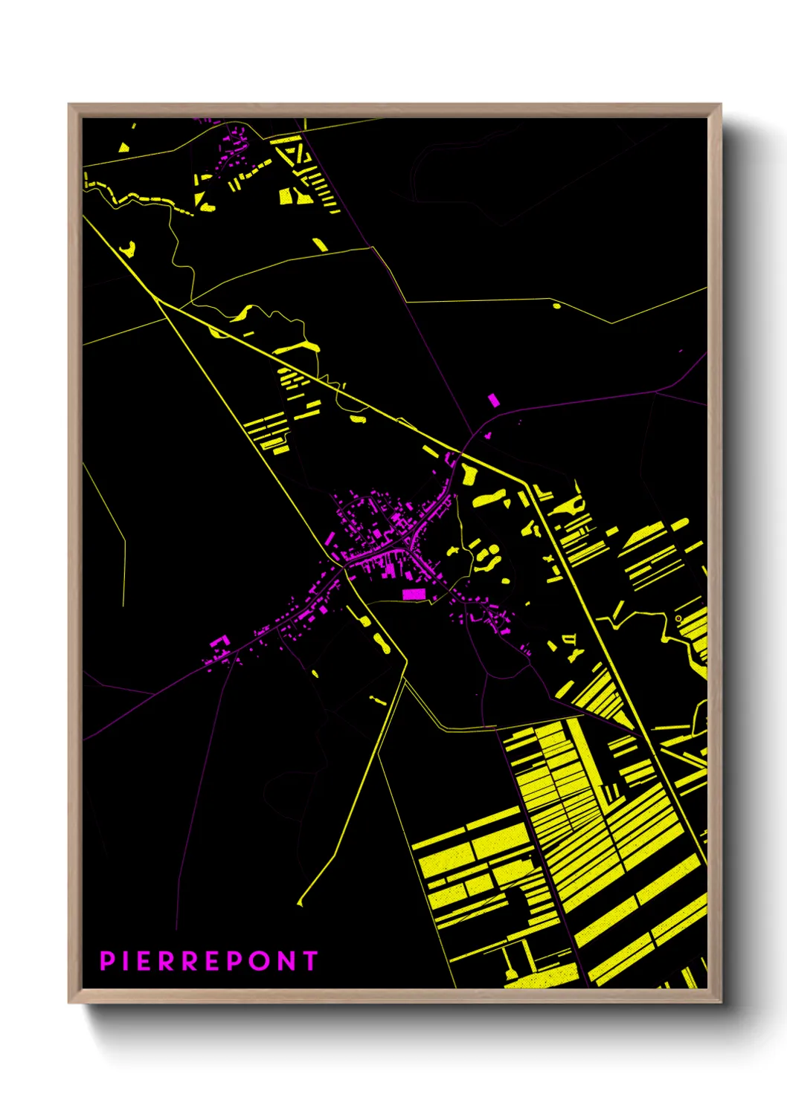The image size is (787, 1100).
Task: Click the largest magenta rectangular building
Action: point(413,594)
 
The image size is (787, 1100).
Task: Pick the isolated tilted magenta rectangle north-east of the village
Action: point(493,400)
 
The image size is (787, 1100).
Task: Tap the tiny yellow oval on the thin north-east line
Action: point(556,305)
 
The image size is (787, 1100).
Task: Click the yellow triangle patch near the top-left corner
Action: point(125,146)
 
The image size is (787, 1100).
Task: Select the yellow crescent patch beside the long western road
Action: point(129,249)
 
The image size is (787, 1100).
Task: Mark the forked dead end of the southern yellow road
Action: point(300,902)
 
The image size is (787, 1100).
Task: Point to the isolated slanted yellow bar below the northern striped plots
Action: point(320,244)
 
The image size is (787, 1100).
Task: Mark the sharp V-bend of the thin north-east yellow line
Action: point(611,323)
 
